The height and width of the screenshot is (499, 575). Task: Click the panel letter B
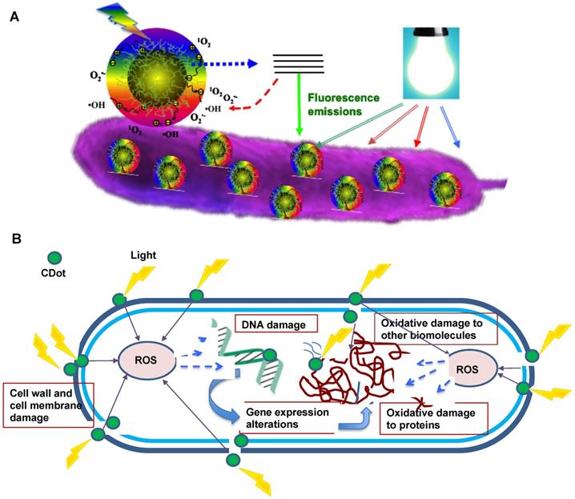[x=14, y=238]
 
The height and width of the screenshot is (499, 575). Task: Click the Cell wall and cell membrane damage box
[x=50, y=400]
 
